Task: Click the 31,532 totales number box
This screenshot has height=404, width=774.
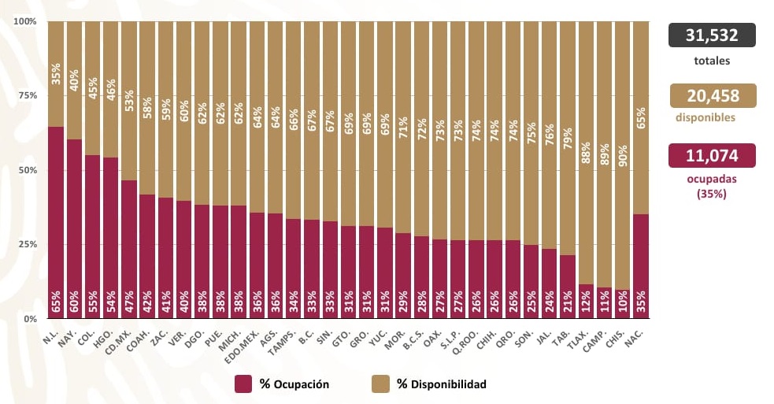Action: pyautogui.click(x=712, y=35)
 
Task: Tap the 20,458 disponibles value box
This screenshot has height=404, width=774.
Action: pyautogui.click(x=712, y=95)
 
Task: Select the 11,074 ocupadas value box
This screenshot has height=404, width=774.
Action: pyautogui.click(x=712, y=155)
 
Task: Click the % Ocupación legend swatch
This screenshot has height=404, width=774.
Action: pyautogui.click(x=243, y=384)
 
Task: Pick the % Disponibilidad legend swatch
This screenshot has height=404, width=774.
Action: pyautogui.click(x=380, y=384)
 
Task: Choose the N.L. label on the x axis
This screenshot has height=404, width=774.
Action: pyautogui.click(x=50, y=334)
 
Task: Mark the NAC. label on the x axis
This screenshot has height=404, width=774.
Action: pyautogui.click(x=635, y=335)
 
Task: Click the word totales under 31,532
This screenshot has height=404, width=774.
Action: pyautogui.click(x=712, y=61)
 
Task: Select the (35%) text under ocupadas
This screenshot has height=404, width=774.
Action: pyautogui.click(x=712, y=194)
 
